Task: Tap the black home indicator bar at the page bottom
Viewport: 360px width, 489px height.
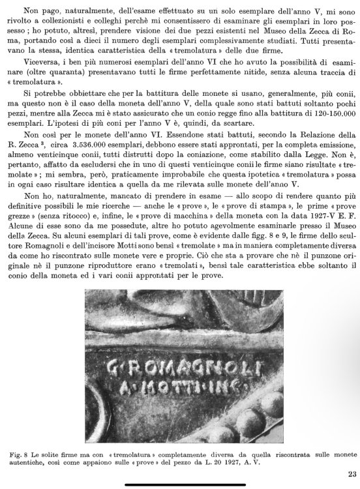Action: coord(180,484)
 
